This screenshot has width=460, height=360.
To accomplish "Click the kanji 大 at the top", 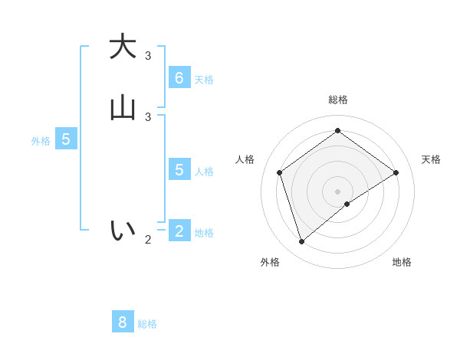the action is [122, 46].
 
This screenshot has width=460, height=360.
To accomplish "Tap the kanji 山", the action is [122, 108].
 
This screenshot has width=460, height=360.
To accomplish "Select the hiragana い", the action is [122, 229].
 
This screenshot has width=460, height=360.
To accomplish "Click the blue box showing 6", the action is [179, 77].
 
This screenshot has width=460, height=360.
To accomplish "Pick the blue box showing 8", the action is [123, 322].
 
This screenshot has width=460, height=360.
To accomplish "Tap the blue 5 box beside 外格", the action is [66, 139].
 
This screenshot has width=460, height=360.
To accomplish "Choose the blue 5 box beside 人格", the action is [179, 169].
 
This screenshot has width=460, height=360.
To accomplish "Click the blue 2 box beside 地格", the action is [179, 231].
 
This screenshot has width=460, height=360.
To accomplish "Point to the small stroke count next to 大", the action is [148, 55].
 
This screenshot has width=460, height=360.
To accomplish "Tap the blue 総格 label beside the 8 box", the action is [147, 324].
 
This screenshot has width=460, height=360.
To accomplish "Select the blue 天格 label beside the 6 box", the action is [204, 80].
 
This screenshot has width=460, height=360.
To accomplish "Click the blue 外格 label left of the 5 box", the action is [41, 141].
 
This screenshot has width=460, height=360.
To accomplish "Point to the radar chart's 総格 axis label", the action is [337, 100].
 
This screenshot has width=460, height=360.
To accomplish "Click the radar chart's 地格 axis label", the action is [402, 262].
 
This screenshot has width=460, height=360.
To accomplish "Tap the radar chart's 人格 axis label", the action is [245, 159].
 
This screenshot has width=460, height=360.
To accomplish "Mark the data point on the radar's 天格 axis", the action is [396, 172].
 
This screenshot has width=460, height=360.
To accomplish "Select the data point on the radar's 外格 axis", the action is [301, 242].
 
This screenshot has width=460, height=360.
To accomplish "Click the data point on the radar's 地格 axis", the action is [347, 204].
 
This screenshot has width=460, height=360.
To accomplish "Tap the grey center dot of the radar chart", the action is [337, 191].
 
